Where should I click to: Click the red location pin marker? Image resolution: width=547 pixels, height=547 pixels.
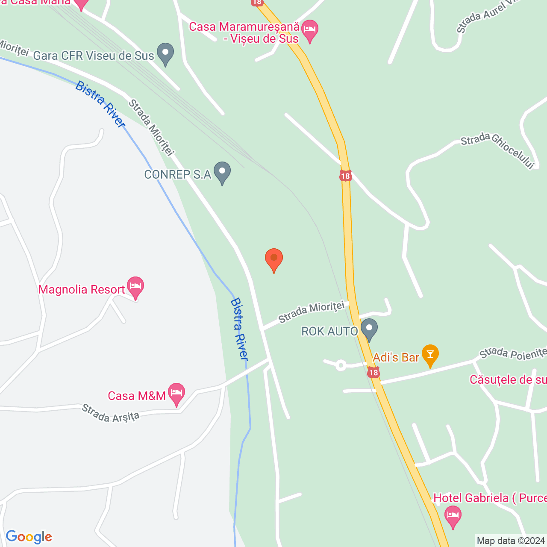(x=274, y=259)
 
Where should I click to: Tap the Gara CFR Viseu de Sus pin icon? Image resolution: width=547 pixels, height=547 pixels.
(x=165, y=53)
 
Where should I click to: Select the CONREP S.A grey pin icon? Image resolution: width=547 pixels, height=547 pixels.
(x=222, y=172)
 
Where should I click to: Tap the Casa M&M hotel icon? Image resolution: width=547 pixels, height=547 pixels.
(x=176, y=393)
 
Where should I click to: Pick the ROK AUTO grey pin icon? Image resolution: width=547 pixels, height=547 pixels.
(x=369, y=329)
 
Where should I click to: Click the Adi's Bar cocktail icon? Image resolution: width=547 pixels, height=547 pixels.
(x=430, y=355)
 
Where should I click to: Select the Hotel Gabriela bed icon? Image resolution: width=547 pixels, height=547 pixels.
(x=453, y=515)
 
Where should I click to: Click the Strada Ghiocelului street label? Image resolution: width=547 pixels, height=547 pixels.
(x=497, y=150)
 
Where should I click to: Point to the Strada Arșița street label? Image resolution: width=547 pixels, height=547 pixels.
(x=111, y=413)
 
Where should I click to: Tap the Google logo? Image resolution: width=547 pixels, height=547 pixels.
(x=29, y=537)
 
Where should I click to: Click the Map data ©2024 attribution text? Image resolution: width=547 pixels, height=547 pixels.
(x=511, y=541)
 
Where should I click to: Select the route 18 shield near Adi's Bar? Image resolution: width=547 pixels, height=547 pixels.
(x=373, y=373)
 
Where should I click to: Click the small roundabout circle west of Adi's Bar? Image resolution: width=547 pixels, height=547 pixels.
(x=341, y=365)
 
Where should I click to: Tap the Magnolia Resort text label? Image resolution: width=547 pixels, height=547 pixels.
(x=82, y=290)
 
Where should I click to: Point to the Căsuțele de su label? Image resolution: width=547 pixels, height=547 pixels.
(x=508, y=380)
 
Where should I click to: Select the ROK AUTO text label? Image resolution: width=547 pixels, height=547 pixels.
(x=329, y=331)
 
